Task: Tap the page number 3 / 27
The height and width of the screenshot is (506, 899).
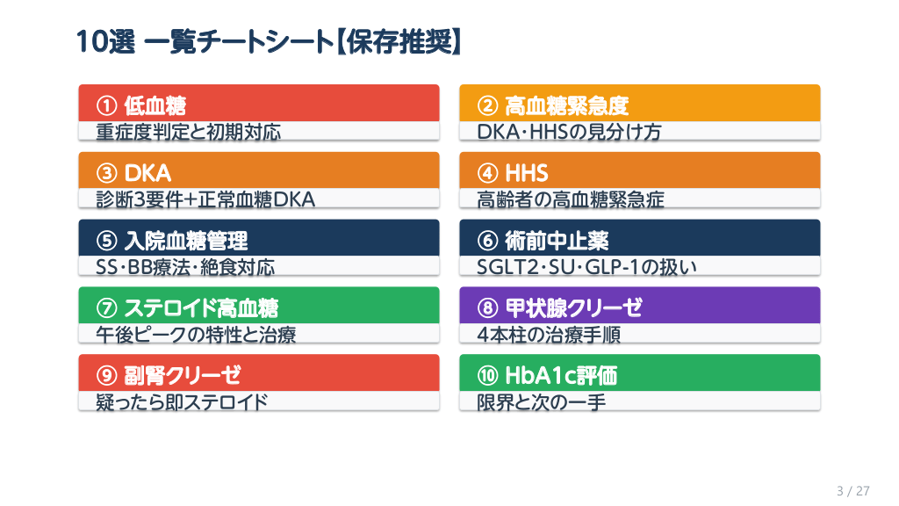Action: (x=853, y=490)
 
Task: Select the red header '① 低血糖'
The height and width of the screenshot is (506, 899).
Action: (x=141, y=105)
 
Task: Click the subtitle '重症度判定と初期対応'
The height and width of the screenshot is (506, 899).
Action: (x=189, y=132)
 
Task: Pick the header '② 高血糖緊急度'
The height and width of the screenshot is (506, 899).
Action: (x=553, y=105)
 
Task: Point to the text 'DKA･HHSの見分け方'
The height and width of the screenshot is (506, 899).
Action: (x=569, y=132)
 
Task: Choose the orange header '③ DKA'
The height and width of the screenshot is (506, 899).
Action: (x=133, y=173)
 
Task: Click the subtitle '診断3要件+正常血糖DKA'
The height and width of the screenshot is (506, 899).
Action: (x=205, y=199)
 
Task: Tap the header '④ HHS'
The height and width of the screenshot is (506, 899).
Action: (x=513, y=173)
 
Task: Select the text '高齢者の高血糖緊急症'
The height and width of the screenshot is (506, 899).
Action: (x=571, y=199)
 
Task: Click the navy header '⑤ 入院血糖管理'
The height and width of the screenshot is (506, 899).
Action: (x=172, y=241)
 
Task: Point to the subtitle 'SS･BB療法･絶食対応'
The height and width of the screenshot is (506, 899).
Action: (x=185, y=267)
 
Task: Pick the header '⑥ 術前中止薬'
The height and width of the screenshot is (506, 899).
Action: (x=543, y=241)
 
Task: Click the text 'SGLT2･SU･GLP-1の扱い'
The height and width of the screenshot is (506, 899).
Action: (x=587, y=267)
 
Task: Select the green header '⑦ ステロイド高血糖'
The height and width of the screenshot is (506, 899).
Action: (x=187, y=308)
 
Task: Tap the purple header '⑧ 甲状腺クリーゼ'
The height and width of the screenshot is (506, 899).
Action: (x=559, y=308)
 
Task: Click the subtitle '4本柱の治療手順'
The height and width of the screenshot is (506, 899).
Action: (x=549, y=334)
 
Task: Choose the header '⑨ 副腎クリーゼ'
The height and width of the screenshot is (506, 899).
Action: (x=169, y=375)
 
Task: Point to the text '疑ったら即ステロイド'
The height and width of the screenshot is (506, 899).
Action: (x=182, y=401)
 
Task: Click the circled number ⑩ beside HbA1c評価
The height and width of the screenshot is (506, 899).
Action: (x=487, y=375)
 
